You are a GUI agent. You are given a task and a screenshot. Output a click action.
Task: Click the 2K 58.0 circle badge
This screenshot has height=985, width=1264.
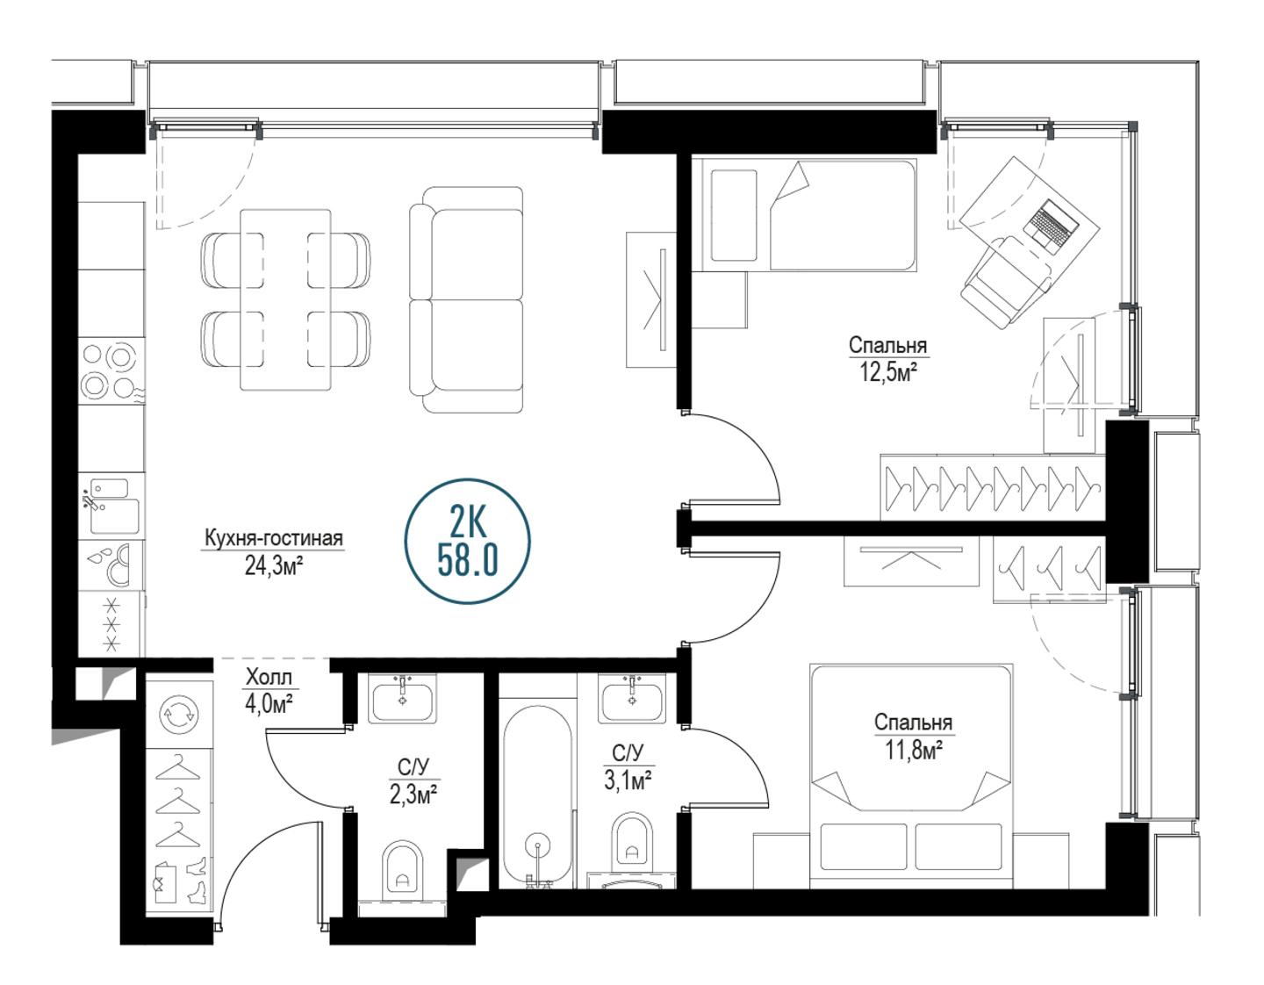466,541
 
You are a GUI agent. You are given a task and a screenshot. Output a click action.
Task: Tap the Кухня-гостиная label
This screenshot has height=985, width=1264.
273,538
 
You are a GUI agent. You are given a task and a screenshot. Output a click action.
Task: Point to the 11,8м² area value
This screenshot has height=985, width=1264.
913,750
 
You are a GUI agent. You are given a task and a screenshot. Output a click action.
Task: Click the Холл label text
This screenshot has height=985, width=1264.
268,677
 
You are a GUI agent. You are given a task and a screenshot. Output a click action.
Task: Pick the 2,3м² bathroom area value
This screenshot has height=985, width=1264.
413,794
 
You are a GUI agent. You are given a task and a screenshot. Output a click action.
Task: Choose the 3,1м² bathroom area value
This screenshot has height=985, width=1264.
627,780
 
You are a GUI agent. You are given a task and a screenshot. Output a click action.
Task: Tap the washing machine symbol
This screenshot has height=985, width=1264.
178,715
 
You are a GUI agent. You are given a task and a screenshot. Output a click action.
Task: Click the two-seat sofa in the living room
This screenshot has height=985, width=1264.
466,299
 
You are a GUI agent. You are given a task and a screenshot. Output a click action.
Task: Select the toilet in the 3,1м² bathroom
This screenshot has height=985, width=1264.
630,845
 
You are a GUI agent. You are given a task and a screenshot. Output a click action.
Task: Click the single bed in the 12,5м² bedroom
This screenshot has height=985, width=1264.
809,215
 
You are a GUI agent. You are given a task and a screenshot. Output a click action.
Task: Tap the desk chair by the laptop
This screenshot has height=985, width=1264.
1005,282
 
